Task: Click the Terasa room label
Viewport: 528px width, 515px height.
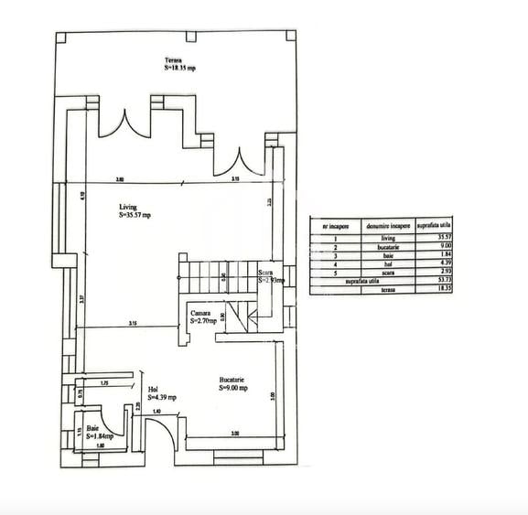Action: tap(179, 65)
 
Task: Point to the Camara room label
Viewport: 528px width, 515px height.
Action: tap(202, 317)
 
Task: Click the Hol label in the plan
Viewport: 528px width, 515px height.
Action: tap(161, 392)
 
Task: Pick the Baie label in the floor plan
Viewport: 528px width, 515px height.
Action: tap(100, 434)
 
